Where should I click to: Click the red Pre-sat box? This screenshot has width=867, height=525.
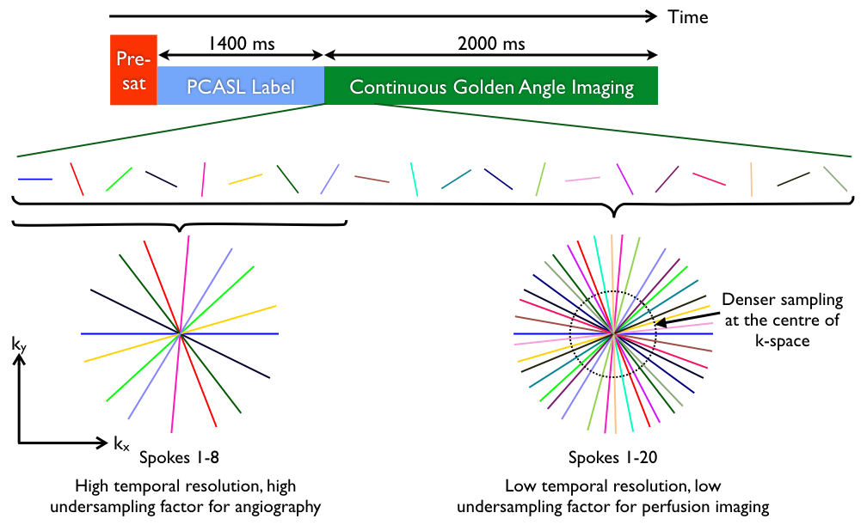point(133,71)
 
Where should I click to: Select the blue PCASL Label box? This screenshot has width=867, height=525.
point(241,86)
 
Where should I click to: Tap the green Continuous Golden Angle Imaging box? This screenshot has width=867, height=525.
point(491,86)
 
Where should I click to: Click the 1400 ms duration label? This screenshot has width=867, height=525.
point(241,42)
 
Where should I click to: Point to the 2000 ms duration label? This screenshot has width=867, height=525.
point(491,42)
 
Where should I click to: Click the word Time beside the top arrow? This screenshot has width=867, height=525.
point(688,16)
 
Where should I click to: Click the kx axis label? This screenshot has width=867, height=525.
point(120,443)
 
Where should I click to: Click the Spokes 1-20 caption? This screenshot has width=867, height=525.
point(612,456)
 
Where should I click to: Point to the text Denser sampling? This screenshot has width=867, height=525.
point(783,301)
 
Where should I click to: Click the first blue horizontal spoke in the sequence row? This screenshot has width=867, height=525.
point(35,179)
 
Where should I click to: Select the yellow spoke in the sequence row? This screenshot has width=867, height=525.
point(245,179)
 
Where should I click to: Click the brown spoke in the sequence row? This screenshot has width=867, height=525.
point(372,179)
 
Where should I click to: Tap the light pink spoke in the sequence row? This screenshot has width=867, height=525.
point(582,180)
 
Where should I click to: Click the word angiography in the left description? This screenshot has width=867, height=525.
point(280,507)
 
